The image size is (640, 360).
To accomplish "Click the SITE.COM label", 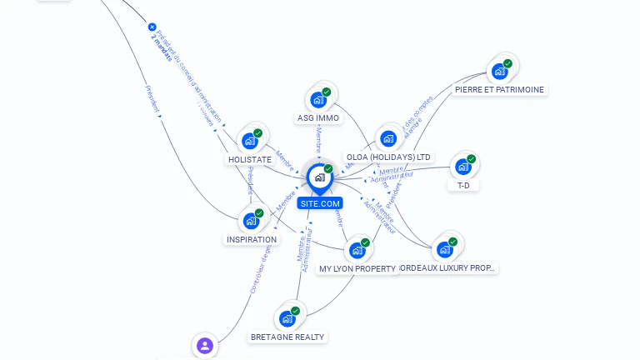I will point(320,203).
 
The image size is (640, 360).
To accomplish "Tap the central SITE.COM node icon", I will point(319,177).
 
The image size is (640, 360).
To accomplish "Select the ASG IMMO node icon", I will point(317,100).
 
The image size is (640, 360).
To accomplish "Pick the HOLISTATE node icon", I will point(249,141).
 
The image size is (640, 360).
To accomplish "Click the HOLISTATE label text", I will point(250,159).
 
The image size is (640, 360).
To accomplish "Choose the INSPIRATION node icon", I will point(250,221).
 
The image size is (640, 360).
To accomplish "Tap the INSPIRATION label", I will point(252,240).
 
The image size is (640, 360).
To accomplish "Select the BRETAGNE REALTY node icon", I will point(287,318).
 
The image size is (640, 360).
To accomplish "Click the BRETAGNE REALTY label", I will point(288,337).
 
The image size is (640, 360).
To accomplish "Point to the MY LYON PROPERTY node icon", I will point(357,250).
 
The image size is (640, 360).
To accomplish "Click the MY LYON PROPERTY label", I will point(357,269).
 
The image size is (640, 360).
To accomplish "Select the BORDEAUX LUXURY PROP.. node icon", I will point(444,249).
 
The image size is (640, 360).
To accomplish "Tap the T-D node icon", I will point(462,167).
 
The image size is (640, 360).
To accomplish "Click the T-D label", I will point(463,186).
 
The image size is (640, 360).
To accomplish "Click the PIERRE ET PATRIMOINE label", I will point(500,90).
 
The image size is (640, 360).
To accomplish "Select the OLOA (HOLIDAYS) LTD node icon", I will point(388,138).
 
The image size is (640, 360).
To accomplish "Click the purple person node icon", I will point(204,345).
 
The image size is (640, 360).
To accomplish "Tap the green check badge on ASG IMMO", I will point(327,92).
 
